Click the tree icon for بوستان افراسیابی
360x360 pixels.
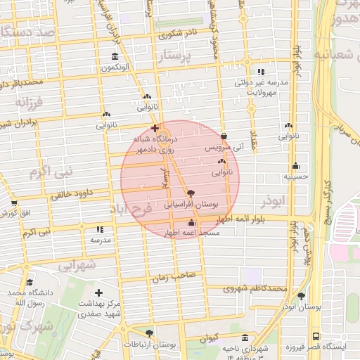coord(191,192)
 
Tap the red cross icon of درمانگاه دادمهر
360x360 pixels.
coord(155,128)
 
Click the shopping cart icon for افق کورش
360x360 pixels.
coord(14,202)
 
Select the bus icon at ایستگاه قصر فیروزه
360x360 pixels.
coord(315,337)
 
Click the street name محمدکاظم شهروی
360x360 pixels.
coord(256,288)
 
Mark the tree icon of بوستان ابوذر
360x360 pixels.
coord(301,296)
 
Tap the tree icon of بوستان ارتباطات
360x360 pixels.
coord(148,333)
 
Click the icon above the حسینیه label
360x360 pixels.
coord(295,167)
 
